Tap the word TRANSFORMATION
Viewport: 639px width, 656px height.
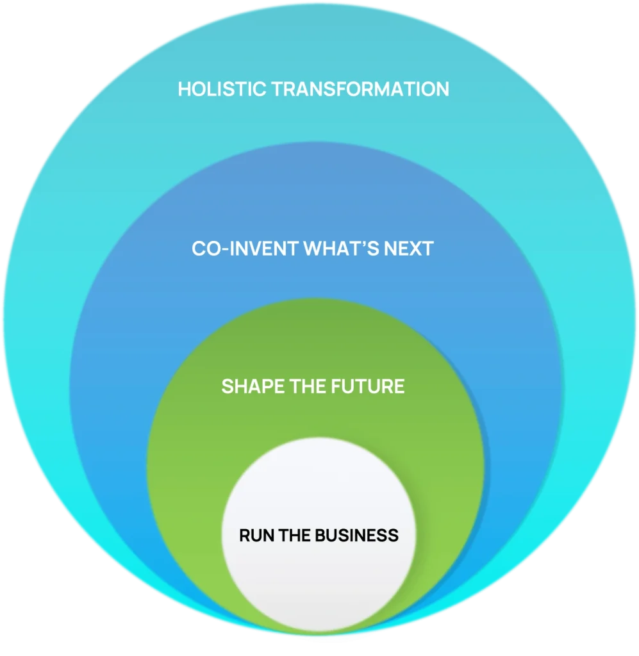click(x=360, y=89)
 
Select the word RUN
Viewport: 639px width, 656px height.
click(x=254, y=535)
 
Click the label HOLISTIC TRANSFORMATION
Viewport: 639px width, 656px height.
click(x=313, y=89)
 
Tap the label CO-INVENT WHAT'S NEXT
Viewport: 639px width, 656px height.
click(x=313, y=249)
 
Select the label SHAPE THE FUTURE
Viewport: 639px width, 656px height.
click(x=313, y=386)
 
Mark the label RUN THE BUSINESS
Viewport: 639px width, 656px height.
click(x=319, y=535)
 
